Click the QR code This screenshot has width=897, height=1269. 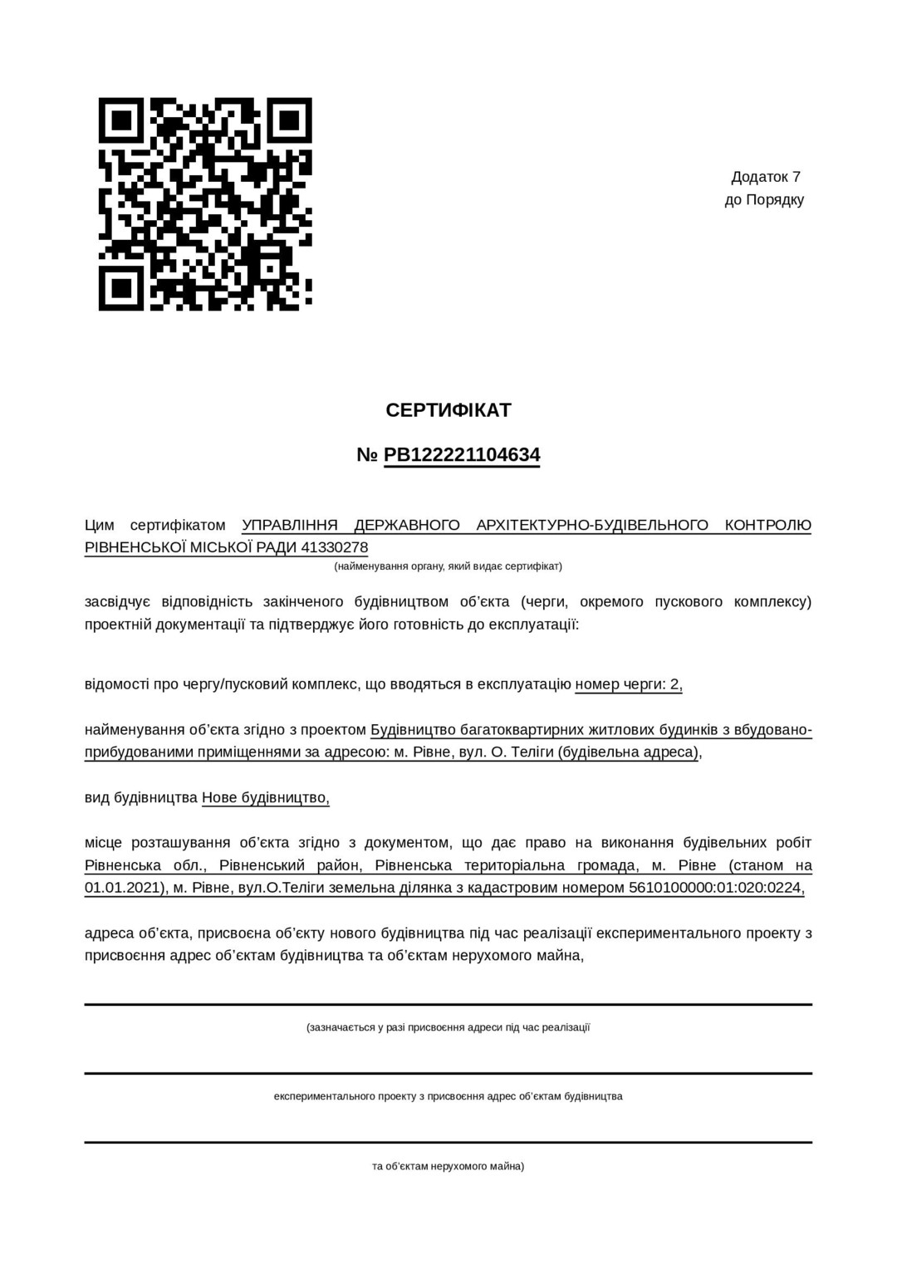pyautogui.click(x=205, y=204)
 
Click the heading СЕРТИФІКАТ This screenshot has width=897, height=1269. pyautogui.click(x=448, y=410)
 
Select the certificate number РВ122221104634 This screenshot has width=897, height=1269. pyautogui.click(x=462, y=455)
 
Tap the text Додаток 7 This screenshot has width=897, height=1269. pyautogui.click(x=766, y=177)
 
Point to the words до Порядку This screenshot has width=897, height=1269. pyautogui.click(x=764, y=200)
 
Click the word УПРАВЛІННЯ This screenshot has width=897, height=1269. pyautogui.click(x=290, y=525)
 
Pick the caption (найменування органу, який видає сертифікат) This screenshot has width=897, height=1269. pyautogui.click(x=448, y=566)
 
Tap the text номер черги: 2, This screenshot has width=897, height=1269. pyautogui.click(x=629, y=684)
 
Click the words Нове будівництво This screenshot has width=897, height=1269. pyautogui.click(x=265, y=798)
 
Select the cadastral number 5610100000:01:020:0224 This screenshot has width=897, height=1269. pyautogui.click(x=716, y=888)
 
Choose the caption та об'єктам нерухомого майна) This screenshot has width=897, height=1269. pyautogui.click(x=448, y=1166)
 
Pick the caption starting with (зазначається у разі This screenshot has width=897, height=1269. pyautogui.click(x=448, y=1027)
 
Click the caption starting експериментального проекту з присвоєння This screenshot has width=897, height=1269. pyautogui.click(x=448, y=1096)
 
